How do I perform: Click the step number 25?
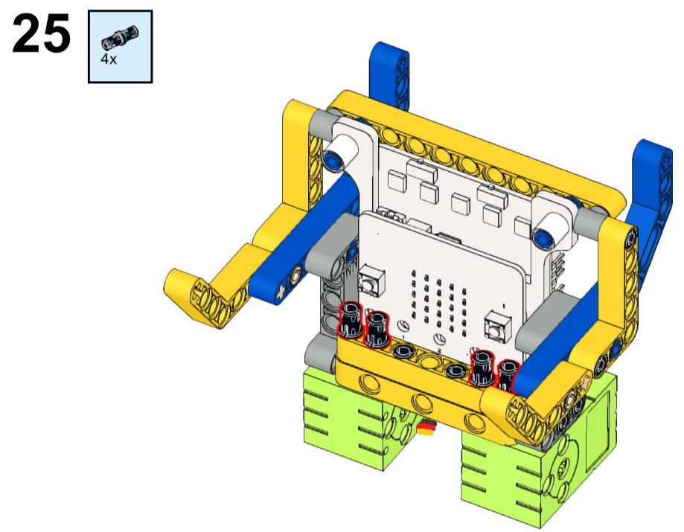pyautogui.click(x=41, y=33)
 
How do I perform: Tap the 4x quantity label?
pyautogui.click(x=109, y=59)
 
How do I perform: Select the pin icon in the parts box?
pyautogui.click(x=120, y=37)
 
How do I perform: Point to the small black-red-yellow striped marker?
pyautogui.click(x=426, y=427)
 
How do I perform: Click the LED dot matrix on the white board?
pyautogui.click(x=439, y=301)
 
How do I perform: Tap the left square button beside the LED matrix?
pyautogui.click(x=371, y=281)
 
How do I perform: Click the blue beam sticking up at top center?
pyautogui.click(x=390, y=74)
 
